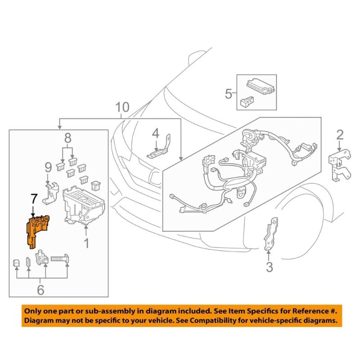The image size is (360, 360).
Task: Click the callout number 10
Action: click(x=122, y=108)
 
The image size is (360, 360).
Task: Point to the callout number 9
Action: click(x=48, y=169)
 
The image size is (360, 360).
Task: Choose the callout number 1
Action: click(x=85, y=244)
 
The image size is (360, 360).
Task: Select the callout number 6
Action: click(x=41, y=290)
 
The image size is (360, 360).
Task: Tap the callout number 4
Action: click(x=155, y=134)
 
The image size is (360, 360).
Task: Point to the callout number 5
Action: click(x=229, y=94)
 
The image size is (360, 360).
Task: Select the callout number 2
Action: click(x=340, y=135)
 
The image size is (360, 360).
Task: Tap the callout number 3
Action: click(x=269, y=267)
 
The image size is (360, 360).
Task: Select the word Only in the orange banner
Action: click(x=33, y=310)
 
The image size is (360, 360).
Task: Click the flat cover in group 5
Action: click(x=260, y=85)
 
